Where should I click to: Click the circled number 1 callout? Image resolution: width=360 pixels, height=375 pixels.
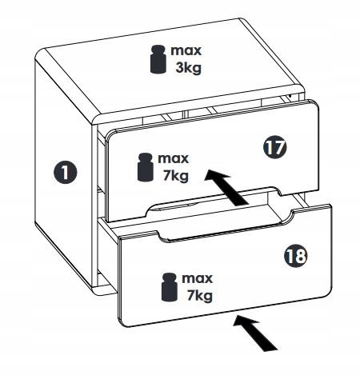point(65,172)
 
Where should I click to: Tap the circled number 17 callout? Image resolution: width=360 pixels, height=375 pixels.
point(275,147)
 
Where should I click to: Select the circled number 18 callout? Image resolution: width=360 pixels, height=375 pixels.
point(296,256)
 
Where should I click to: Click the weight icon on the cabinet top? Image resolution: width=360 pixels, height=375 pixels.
point(158,59)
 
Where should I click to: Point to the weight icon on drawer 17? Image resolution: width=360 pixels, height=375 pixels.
point(146,167)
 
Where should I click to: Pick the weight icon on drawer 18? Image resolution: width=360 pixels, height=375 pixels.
point(170,287)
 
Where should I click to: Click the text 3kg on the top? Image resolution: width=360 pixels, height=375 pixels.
point(188,68)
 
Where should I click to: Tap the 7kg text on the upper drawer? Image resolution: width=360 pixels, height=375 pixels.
point(175,176)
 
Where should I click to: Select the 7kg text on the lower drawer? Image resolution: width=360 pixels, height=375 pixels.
point(199,296)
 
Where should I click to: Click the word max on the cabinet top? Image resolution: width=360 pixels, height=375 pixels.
point(186,51)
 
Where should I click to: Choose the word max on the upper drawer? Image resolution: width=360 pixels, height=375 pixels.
point(174,158)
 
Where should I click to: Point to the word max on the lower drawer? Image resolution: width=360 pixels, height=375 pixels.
point(198,278)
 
